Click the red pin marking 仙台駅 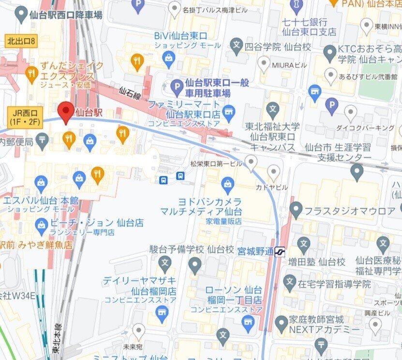66,111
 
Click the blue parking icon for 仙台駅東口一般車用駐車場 177,86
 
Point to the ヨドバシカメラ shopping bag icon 227,184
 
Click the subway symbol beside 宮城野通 280,252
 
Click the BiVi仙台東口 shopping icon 169,60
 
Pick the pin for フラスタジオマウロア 296,209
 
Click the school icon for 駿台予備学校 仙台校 165,264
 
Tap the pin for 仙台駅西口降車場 21,16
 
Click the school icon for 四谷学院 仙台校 237,47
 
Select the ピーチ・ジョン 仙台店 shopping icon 42,224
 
